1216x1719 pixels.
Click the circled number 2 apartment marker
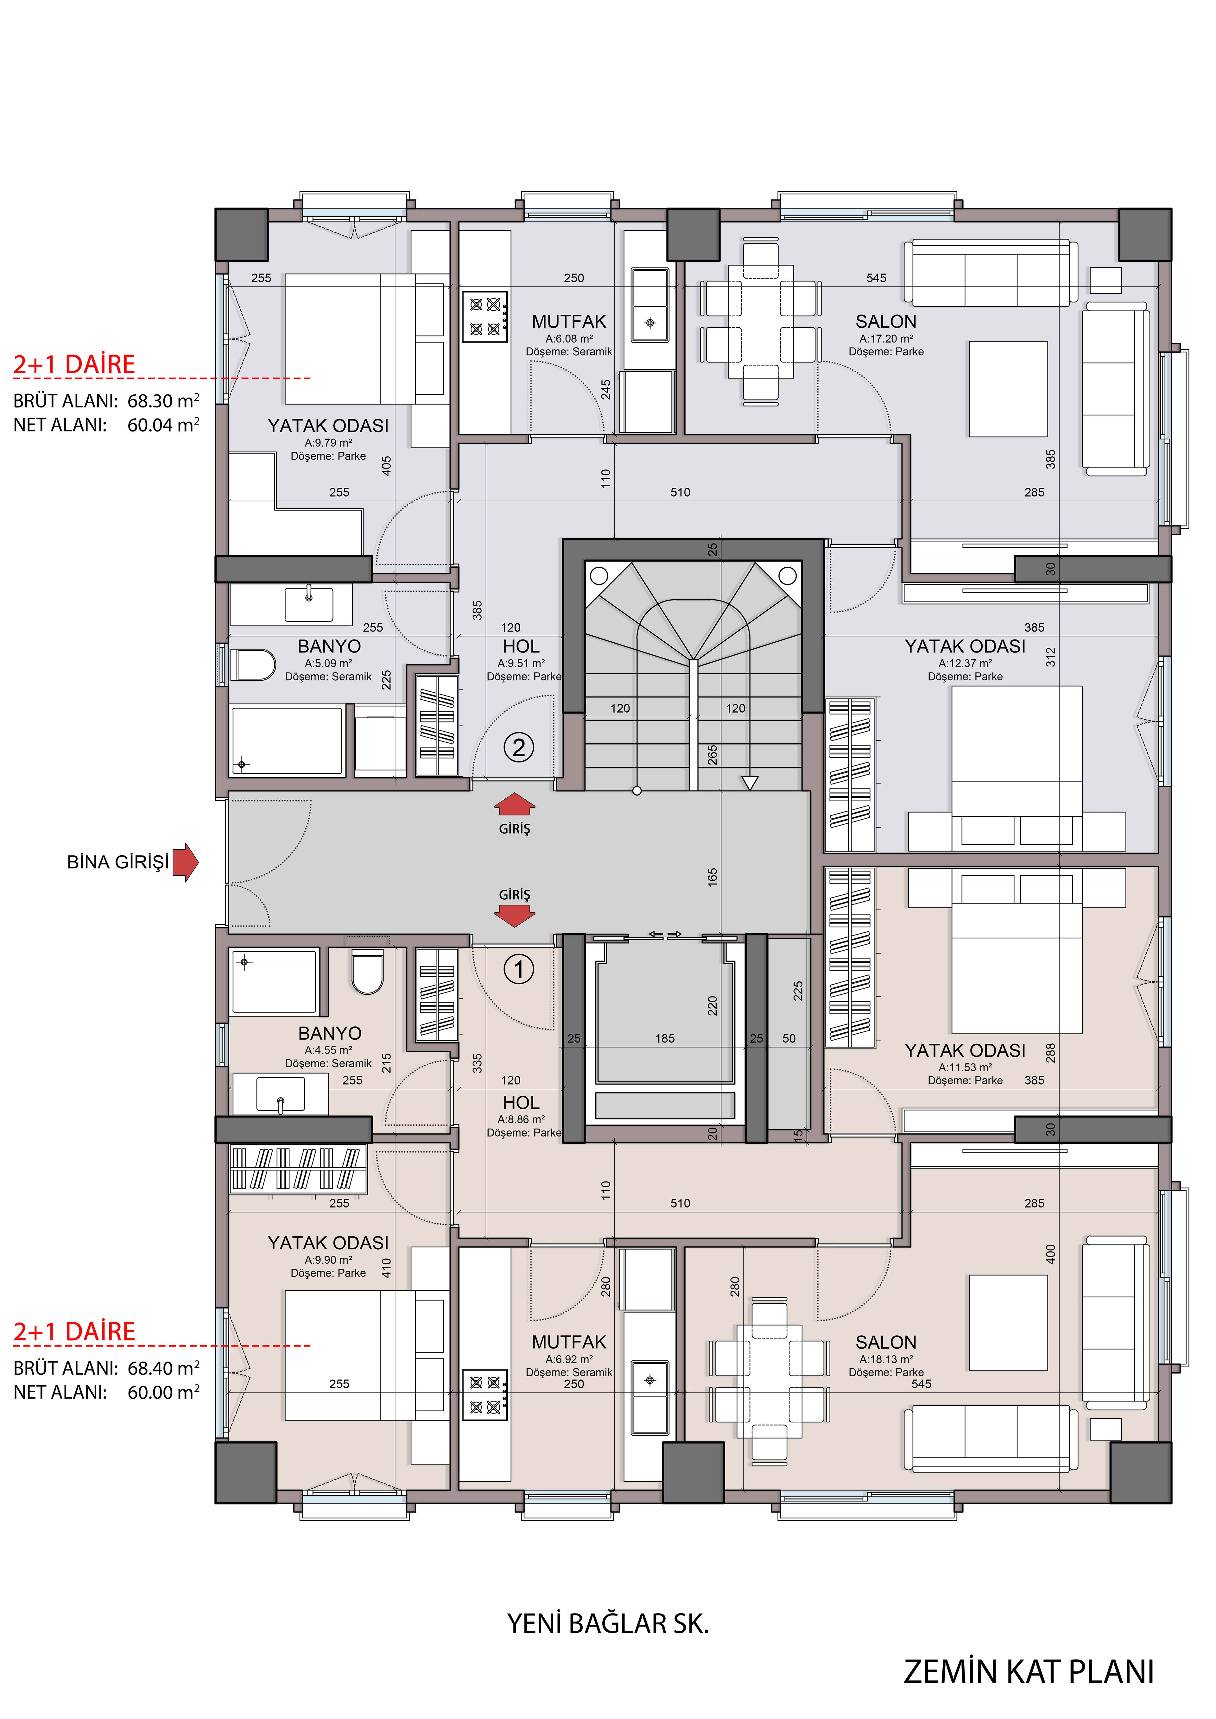point(519,747)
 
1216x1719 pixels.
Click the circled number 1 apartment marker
point(519,970)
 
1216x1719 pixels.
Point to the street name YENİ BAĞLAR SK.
point(608,1623)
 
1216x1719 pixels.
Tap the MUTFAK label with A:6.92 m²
point(569,1342)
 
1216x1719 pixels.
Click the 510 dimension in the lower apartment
point(680,1203)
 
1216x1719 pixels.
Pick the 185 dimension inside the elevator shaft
point(665,1038)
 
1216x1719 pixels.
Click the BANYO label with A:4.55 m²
point(329,1033)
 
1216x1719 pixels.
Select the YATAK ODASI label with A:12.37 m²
point(965,646)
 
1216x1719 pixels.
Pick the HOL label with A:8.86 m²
point(521,1103)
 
